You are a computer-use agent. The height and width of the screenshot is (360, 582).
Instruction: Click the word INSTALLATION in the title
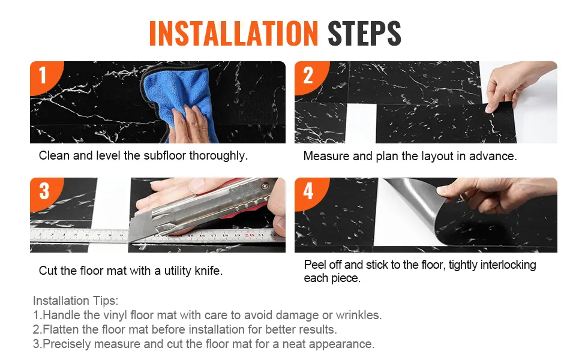(x=233, y=34)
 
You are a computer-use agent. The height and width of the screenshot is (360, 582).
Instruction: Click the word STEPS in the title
(x=364, y=34)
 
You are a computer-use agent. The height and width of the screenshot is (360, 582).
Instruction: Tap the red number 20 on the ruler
(x=249, y=235)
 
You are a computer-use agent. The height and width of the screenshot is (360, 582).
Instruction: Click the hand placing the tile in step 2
(x=516, y=85)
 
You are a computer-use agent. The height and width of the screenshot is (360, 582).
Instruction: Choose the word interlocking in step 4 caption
(x=508, y=265)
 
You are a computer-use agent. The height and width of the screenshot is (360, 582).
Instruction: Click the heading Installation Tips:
(x=76, y=300)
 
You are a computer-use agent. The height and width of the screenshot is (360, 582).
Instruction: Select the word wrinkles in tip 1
(x=359, y=315)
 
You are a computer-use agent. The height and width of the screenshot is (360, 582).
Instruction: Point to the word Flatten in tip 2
(x=61, y=329)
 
